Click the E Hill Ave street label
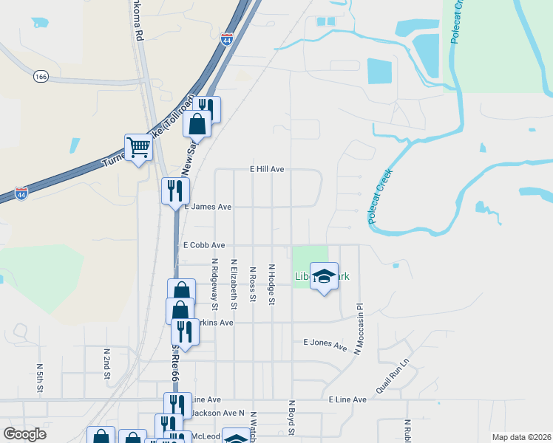click(267, 169)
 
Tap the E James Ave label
click(209, 207)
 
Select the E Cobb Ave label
click(204, 244)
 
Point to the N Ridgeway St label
click(215, 284)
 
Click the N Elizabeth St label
click(234, 284)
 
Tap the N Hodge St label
click(272, 285)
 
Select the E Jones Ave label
click(325, 344)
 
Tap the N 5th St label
click(40, 376)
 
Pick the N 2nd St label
click(107, 367)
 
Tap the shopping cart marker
click(138, 148)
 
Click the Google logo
click(24, 434)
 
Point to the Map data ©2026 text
click(520, 437)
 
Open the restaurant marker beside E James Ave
click(175, 191)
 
